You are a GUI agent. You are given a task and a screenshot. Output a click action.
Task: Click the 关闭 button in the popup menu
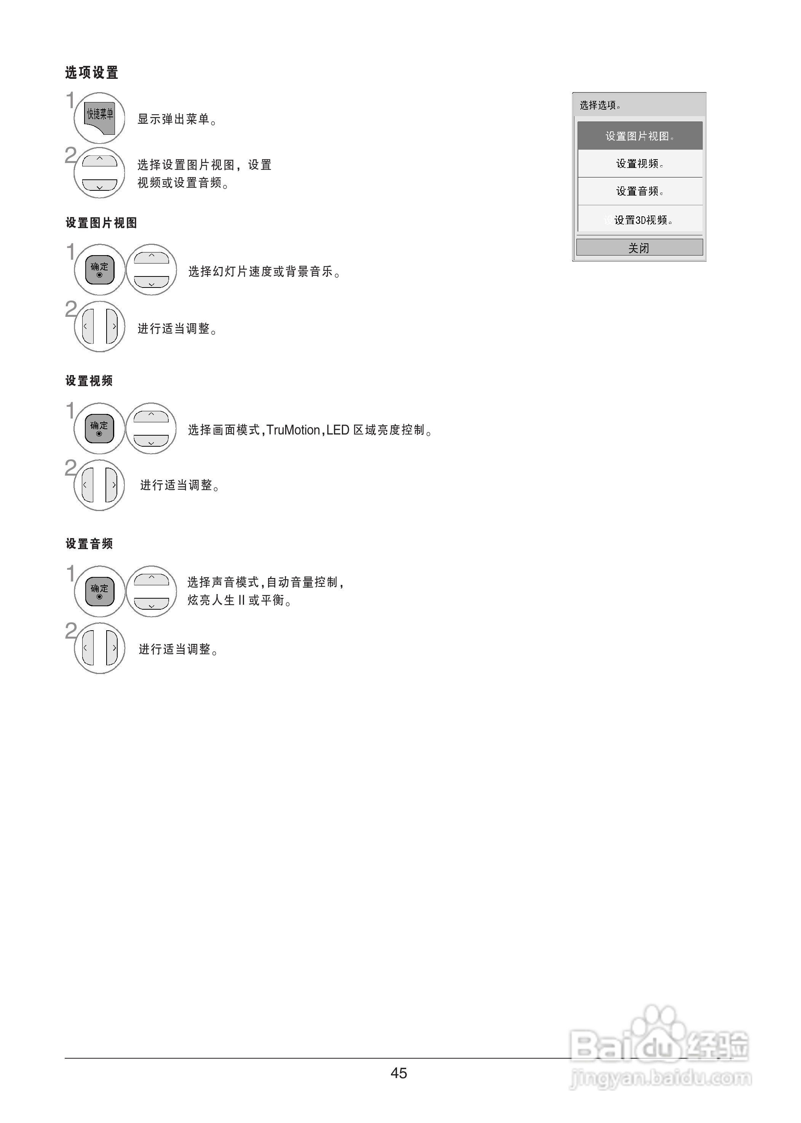click(639, 248)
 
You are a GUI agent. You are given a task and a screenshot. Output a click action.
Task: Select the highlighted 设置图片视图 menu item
click(640, 136)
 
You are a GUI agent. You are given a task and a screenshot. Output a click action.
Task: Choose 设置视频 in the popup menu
click(640, 163)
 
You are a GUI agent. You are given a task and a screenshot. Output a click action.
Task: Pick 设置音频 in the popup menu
click(640, 191)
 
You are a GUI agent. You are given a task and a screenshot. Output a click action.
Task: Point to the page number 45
click(399, 1073)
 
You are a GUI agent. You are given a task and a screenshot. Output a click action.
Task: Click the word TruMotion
click(293, 430)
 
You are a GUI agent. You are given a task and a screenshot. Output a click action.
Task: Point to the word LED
click(338, 430)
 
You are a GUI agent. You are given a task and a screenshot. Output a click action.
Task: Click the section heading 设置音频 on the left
click(89, 544)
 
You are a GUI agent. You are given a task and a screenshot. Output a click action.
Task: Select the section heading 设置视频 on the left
click(89, 381)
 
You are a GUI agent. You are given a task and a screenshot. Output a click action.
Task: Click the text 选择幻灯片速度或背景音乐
click(264, 272)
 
